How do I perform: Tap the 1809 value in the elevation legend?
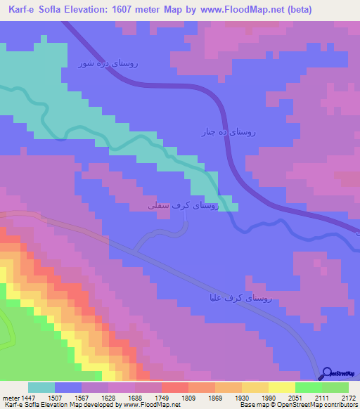188,398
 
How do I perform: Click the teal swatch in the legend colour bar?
41,387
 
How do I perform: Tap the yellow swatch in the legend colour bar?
282,387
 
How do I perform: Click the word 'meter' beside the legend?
11,398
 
